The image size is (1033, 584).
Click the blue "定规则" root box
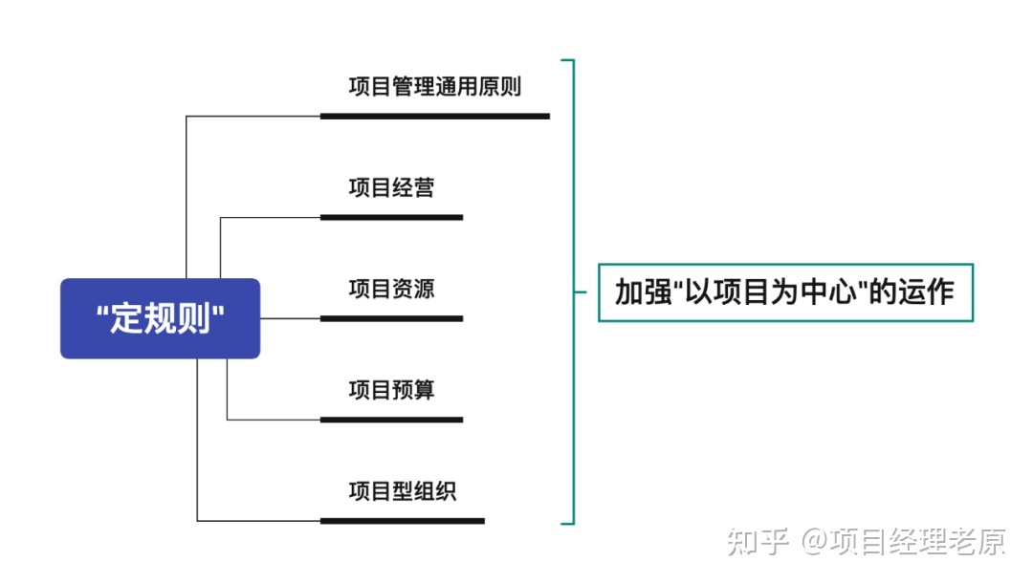[x=160, y=318]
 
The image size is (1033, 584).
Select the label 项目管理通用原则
[x=434, y=87]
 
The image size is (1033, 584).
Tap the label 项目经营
[x=391, y=187]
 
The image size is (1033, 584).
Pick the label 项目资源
[x=391, y=289]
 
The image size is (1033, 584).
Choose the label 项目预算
[x=391, y=390]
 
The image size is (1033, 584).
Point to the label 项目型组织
[x=402, y=491]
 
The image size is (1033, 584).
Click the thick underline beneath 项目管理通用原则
[x=434, y=116]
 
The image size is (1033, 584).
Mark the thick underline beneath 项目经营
[x=391, y=217]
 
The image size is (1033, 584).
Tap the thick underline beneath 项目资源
[x=391, y=318]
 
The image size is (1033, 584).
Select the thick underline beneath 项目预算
[x=391, y=420]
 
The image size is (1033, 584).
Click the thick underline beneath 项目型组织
[x=402, y=521]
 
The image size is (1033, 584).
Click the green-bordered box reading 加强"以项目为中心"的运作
[x=785, y=292]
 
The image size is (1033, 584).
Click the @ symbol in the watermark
[x=813, y=543]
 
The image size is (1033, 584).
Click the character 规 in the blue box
[x=161, y=319]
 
